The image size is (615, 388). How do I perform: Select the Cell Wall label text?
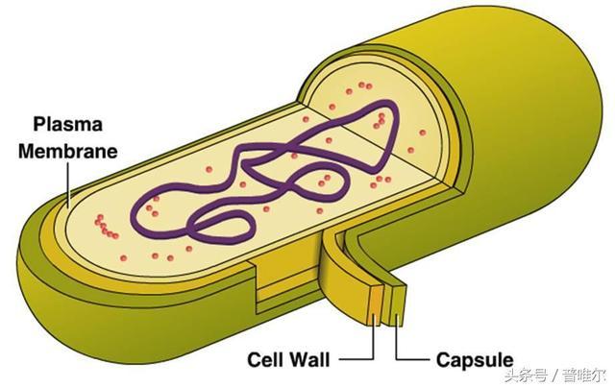tap(288, 360)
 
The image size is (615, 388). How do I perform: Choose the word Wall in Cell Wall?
tap(309, 360)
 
